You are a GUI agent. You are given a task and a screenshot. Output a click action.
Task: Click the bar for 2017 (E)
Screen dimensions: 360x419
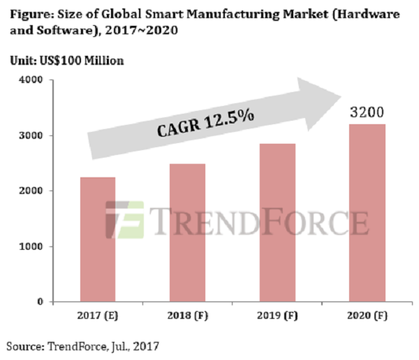pos(97,239)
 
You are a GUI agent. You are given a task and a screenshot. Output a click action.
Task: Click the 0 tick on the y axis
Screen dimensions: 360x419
pos(41,302)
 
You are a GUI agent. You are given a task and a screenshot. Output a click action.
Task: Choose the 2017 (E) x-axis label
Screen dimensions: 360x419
pos(97,316)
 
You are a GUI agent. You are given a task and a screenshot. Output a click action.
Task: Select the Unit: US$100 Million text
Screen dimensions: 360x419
pos(66,61)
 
